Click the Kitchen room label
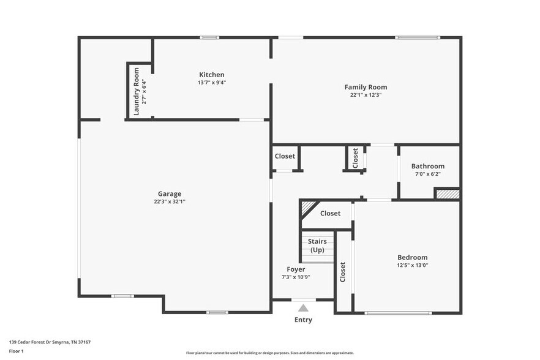[212, 75]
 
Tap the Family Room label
[366, 87]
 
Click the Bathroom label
[427, 166]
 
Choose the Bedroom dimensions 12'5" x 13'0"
[412, 265]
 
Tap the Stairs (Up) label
[317, 246]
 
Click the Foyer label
[296, 269]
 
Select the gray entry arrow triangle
[303, 308]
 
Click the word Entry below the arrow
[303, 320]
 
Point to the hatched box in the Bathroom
[447, 193]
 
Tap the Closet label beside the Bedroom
[343, 272]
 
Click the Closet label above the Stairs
[330, 213]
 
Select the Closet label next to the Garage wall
[285, 156]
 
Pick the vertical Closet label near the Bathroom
[355, 157]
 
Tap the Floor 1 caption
[16, 351]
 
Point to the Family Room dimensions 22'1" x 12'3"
[366, 95]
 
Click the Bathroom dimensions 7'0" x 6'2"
[427, 174]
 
